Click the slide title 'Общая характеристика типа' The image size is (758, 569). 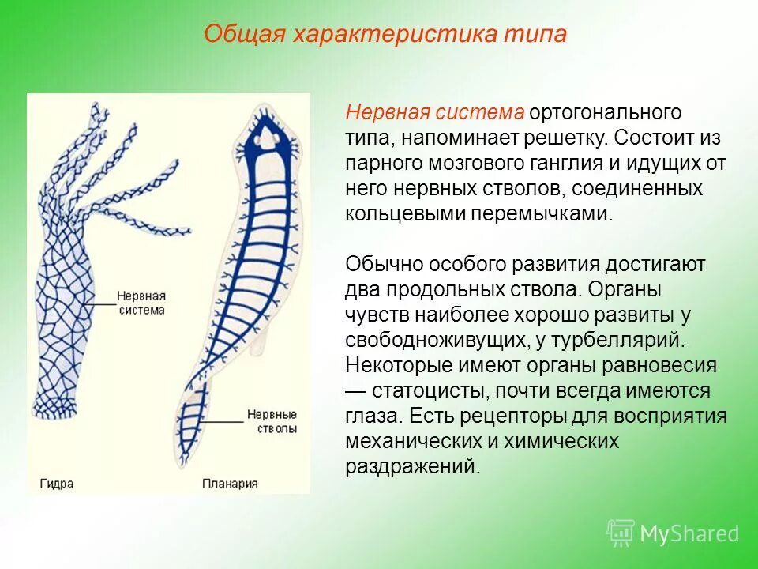(x=385, y=35)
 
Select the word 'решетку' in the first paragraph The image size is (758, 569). (x=565, y=138)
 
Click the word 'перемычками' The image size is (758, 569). (x=544, y=214)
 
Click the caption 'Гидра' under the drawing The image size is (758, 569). (x=57, y=484)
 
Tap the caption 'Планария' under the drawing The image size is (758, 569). (x=230, y=484)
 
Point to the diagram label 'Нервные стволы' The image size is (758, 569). (x=272, y=421)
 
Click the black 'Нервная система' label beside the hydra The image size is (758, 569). (x=141, y=303)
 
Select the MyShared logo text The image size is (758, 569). (x=689, y=533)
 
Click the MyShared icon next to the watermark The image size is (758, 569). (x=621, y=532)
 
